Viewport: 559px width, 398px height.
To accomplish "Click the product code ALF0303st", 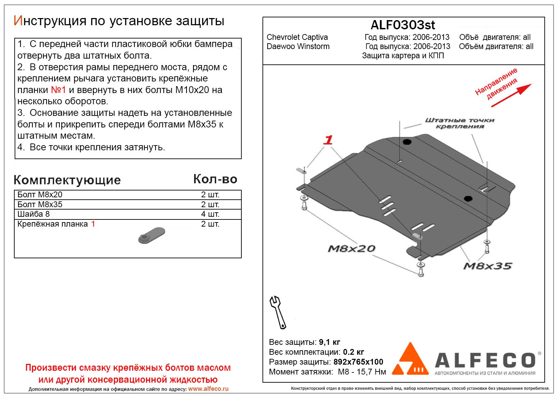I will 402,25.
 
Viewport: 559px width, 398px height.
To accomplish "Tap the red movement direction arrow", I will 511,95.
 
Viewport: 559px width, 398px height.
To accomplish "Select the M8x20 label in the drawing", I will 351,249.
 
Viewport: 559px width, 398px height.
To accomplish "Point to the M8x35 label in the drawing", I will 488,266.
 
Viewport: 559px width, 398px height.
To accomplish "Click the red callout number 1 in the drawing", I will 328,140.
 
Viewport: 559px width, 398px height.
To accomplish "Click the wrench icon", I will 277,312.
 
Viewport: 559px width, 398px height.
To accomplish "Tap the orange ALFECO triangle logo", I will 410,359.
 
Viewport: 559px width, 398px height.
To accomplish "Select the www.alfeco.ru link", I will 208,389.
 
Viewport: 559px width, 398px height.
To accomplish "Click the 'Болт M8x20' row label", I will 40,195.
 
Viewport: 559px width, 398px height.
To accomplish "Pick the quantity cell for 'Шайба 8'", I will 210,214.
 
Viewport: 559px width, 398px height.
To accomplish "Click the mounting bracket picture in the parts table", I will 152,235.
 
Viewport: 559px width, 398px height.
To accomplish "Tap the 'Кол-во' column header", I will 215,179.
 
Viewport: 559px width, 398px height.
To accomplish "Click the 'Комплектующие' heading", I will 67,180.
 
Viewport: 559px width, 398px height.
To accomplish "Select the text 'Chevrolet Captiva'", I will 297,37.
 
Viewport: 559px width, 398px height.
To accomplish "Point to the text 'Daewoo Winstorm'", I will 298,46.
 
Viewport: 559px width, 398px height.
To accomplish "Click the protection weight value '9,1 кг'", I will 329,342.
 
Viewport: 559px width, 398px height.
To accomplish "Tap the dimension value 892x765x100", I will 358,362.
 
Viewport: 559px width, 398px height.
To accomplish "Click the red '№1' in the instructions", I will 58,90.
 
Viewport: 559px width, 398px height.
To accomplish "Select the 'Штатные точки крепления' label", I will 460,123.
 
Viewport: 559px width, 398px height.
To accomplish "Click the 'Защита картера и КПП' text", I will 403,56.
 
